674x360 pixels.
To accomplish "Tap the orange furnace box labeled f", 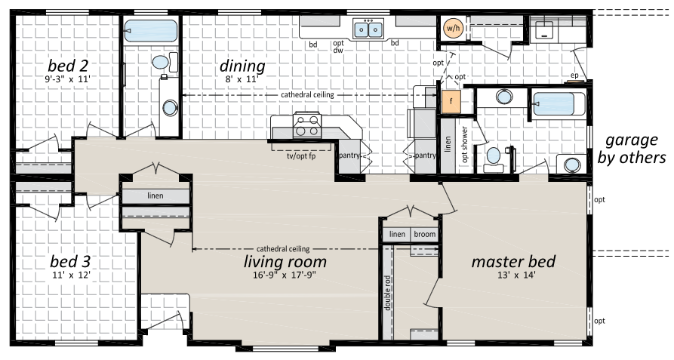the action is [x=451, y=102].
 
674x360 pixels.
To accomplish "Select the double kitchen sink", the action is [x=368, y=29].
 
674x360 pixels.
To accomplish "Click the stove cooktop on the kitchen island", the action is [x=307, y=125].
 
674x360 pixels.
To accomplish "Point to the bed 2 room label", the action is [x=68, y=66].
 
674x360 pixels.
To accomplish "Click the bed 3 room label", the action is [x=70, y=261].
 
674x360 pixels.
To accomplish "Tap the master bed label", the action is [x=513, y=261].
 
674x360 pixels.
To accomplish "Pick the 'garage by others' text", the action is [x=632, y=149].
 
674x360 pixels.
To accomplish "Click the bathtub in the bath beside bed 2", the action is [x=150, y=31].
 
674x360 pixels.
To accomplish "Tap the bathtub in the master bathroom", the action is [x=559, y=104].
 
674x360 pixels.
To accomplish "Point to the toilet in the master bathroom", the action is [x=494, y=159].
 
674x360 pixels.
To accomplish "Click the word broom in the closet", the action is [x=425, y=234].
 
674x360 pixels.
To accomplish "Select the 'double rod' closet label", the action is [x=387, y=293].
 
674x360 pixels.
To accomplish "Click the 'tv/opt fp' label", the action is [x=301, y=156].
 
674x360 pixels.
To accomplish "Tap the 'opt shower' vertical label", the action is [x=465, y=144].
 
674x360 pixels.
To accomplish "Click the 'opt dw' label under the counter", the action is [x=338, y=46].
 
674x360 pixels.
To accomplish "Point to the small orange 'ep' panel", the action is [x=574, y=75].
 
